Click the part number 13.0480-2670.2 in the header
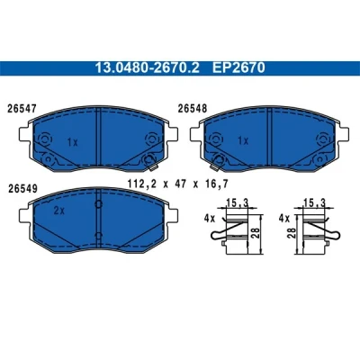point(147,68)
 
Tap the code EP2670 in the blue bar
point(238,68)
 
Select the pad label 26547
point(22,108)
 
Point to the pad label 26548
point(193,108)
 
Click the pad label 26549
point(22,188)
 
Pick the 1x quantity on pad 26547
point(72,142)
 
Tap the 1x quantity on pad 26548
point(243,140)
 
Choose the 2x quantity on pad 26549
point(59,211)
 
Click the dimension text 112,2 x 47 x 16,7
point(178,184)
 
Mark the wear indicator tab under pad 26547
point(153,167)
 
